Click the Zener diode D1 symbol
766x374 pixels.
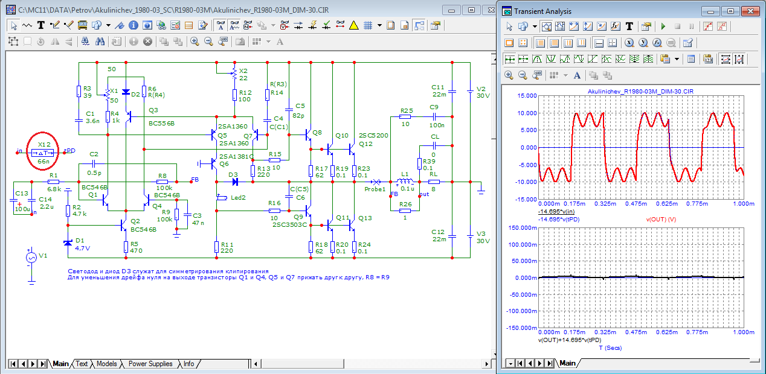coord(67,242)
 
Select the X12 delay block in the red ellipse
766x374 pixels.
coord(43,152)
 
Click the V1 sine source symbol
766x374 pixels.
coord(30,258)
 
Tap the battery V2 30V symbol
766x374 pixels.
coord(470,91)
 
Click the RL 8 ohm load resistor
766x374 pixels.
coord(434,181)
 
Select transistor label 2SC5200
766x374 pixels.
coord(374,135)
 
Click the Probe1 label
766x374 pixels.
coord(375,189)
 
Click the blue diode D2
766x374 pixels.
coord(126,92)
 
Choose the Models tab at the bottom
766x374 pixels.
coord(106,364)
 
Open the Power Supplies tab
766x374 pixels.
coord(150,364)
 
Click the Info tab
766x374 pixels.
coord(189,364)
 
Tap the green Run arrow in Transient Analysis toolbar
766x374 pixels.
coord(663,27)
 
